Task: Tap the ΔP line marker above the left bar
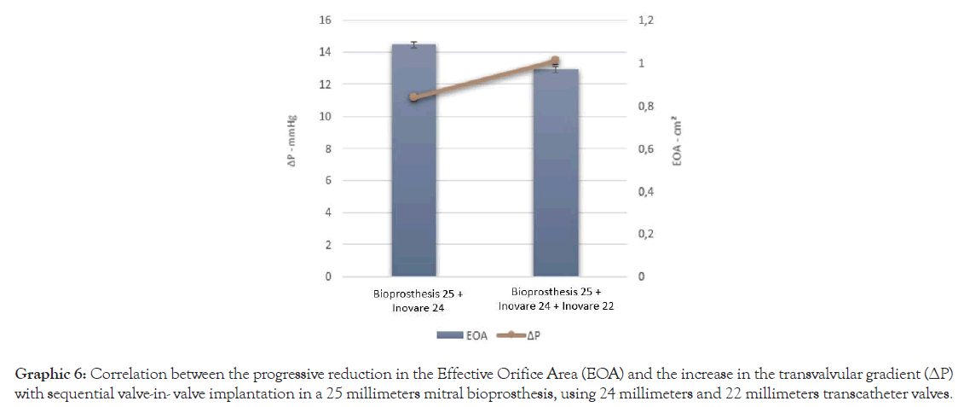pyautogui.click(x=413, y=97)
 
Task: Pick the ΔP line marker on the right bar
pyautogui.click(x=556, y=61)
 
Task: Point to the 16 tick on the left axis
pyautogui.click(x=326, y=20)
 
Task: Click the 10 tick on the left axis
pyautogui.click(x=326, y=116)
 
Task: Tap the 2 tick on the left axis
pyautogui.click(x=328, y=245)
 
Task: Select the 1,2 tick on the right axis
pyautogui.click(x=645, y=20)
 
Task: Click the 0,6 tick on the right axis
pyautogui.click(x=645, y=149)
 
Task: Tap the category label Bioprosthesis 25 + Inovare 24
pyautogui.click(x=413, y=300)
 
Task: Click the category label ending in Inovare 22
pyautogui.click(x=556, y=299)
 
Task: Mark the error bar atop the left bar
pyautogui.click(x=413, y=44)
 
